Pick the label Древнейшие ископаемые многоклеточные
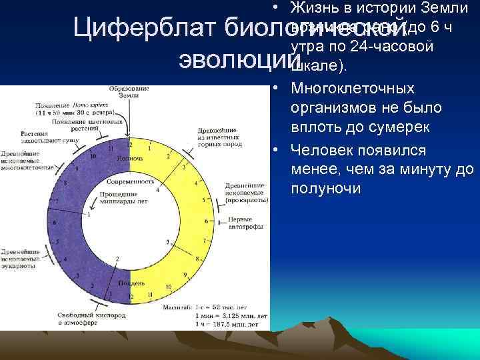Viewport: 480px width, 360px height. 27,160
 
